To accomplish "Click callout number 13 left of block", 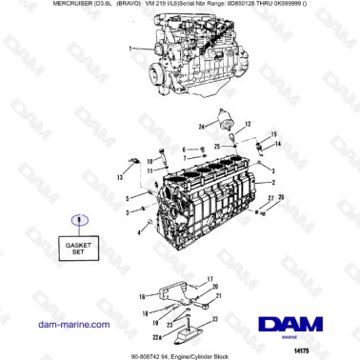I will click(x=120, y=177).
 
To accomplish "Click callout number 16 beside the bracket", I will click(x=142, y=296).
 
